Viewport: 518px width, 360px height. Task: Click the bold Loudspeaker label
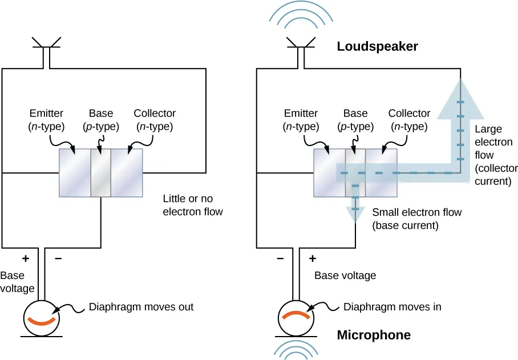click(377, 47)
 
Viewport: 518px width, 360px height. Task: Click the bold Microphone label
click(374, 335)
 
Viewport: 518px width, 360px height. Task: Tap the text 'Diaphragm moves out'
click(141, 307)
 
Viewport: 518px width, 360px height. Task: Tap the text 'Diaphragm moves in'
click(392, 307)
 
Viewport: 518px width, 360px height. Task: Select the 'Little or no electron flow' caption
click(192, 205)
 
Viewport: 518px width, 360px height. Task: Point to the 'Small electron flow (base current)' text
click(416, 219)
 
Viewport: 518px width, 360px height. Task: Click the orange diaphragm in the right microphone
click(296, 315)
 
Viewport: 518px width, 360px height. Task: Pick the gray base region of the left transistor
click(101, 173)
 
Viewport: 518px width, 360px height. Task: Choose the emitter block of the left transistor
click(75, 173)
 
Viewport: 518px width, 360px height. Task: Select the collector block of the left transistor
click(126, 173)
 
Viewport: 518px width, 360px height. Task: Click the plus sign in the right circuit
click(312, 258)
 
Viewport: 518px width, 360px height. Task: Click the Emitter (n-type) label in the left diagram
click(48, 119)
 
